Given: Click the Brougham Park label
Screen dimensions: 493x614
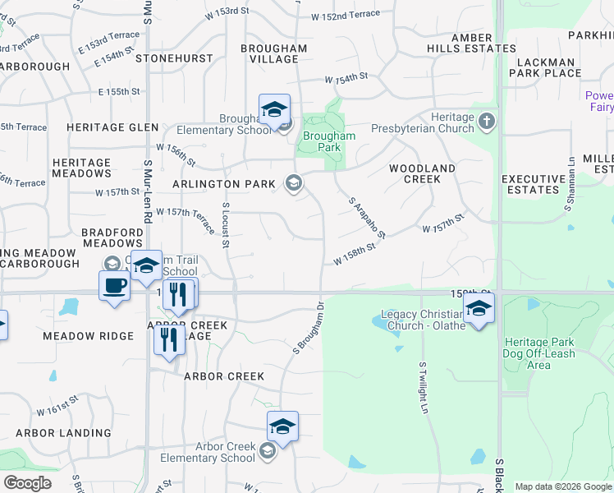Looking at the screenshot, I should click(329, 141).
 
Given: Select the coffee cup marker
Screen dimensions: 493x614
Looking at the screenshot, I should click(114, 287).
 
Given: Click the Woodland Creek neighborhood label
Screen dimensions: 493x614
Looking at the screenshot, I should click(422, 173).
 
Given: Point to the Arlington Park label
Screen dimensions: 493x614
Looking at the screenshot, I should click(223, 184).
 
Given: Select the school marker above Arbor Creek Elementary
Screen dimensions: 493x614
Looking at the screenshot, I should click(282, 427).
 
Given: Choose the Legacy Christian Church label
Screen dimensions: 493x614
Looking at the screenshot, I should click(423, 320).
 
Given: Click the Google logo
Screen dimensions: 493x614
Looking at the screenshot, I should click(27, 483).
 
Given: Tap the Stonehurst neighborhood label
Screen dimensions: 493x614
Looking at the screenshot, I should click(174, 59).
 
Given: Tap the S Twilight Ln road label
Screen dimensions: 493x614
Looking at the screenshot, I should click(424, 388).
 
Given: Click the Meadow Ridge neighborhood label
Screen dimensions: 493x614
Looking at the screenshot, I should click(88, 336).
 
